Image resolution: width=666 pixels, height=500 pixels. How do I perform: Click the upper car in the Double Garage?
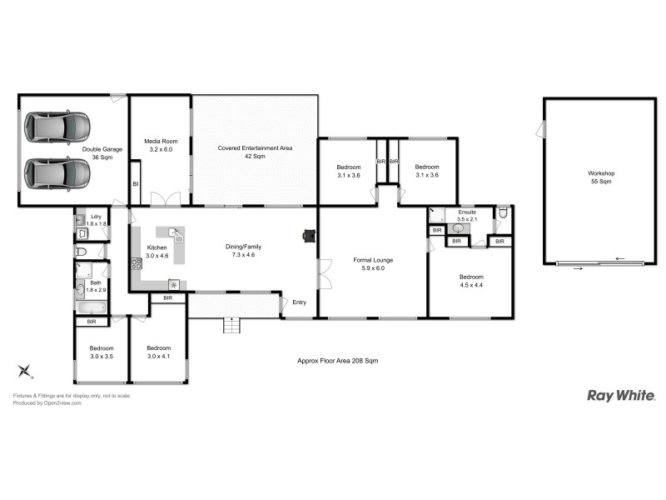[x=57, y=127]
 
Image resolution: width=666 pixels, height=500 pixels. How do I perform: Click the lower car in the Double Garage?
[x=57, y=174]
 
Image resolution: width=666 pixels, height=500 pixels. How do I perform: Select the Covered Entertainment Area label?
[x=255, y=152]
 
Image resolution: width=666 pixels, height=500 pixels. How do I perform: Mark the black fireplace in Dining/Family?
[x=310, y=236]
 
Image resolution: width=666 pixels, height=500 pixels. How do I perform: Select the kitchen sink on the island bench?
[x=176, y=232]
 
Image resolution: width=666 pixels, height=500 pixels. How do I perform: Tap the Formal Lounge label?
[x=372, y=264]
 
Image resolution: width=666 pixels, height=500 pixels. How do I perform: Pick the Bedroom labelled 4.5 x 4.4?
[x=470, y=281]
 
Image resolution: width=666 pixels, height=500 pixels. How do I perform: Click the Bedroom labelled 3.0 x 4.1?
[x=158, y=352]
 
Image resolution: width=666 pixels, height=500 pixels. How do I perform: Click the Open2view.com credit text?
[x=47, y=402]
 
